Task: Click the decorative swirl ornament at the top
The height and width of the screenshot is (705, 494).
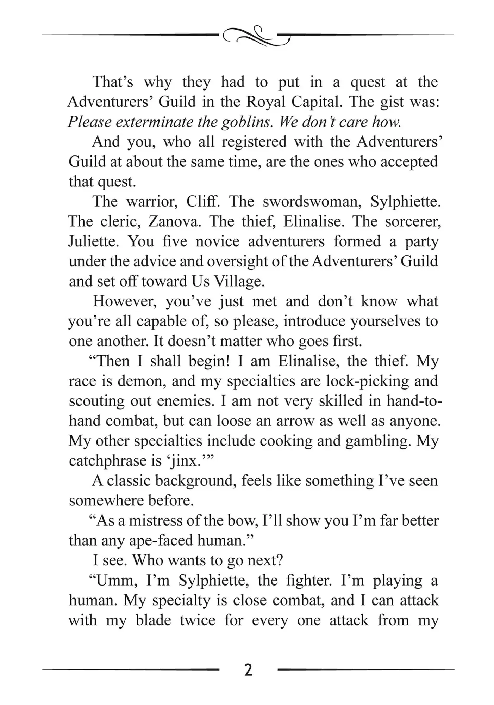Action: [x=256, y=36]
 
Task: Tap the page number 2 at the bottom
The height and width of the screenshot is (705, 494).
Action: [x=248, y=670]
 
